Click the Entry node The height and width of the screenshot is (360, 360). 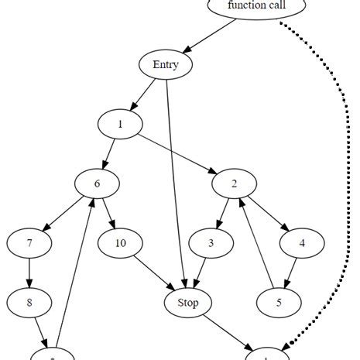click(x=166, y=65)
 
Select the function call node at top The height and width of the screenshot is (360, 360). click(x=257, y=7)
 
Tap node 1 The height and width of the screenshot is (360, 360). click(x=121, y=124)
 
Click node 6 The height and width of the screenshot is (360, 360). click(x=97, y=183)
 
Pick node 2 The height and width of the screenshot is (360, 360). click(x=234, y=183)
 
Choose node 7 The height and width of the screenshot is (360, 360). click(x=29, y=243)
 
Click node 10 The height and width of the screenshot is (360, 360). click(x=121, y=243)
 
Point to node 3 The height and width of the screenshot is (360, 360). click(x=211, y=243)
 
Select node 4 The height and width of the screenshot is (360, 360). click(x=301, y=243)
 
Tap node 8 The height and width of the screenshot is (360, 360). click(x=29, y=302)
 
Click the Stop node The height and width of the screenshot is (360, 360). click(x=183, y=302)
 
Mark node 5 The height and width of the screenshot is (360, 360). click(x=279, y=302)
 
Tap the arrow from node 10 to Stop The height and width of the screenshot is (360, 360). click(x=152, y=273)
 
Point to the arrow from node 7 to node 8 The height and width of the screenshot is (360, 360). click(x=29, y=273)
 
